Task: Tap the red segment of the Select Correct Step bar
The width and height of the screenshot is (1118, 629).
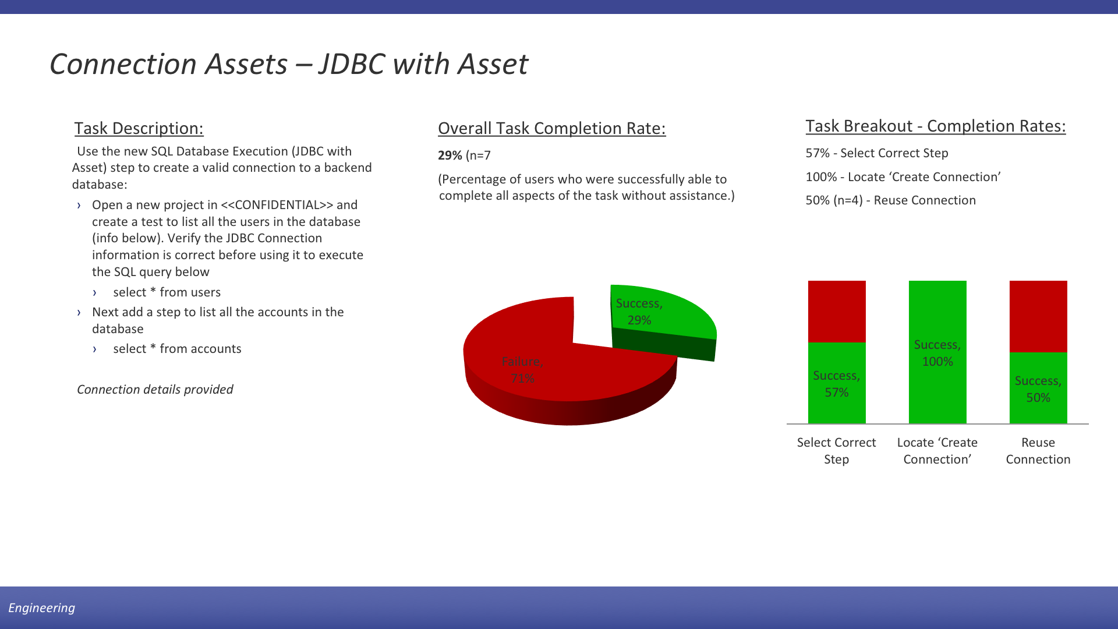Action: [x=837, y=312]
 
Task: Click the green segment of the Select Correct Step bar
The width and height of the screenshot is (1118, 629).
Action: [x=837, y=383]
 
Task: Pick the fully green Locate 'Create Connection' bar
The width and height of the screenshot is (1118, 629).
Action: [x=937, y=352]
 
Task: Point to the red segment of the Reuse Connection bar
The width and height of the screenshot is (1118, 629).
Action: [x=1038, y=317]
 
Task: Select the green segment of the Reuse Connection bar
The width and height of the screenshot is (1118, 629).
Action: [x=1038, y=388]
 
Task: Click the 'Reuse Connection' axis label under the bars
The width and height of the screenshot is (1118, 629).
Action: [x=1038, y=451]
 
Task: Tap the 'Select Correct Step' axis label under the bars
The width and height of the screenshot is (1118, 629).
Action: [x=836, y=451]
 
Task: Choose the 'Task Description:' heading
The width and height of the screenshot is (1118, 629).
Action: [x=139, y=128]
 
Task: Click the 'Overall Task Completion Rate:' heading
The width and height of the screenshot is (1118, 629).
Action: [x=551, y=128]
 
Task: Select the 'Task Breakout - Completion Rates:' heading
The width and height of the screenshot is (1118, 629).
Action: [x=935, y=126]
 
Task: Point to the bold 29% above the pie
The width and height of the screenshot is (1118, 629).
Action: [x=450, y=156]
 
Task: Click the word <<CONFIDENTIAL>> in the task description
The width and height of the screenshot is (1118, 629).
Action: [x=277, y=205]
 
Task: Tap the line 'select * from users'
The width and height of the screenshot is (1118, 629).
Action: [x=167, y=292]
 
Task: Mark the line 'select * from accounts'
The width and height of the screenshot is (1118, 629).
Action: [x=177, y=349]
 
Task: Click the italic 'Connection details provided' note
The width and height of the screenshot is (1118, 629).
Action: [x=155, y=390]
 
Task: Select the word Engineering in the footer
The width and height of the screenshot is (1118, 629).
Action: [x=41, y=608]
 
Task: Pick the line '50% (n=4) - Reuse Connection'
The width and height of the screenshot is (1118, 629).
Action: [x=890, y=200]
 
